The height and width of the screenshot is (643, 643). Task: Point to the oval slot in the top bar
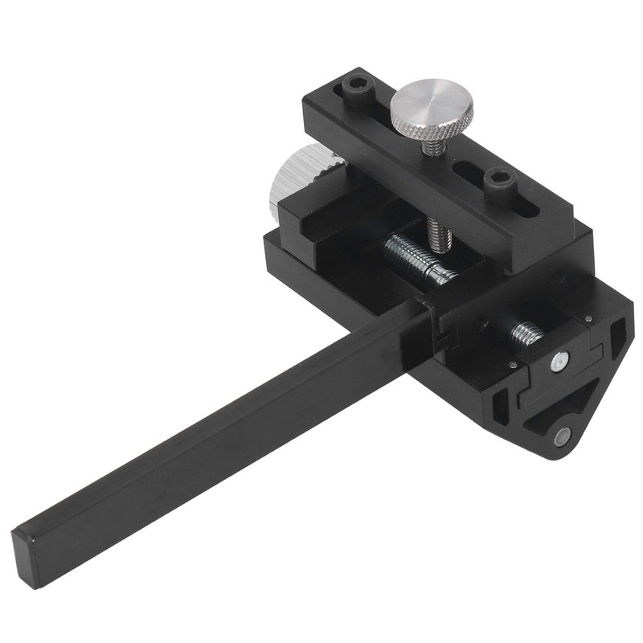pyautogui.click(x=526, y=207)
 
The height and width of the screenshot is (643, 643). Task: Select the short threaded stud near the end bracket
pyautogui.click(x=526, y=332)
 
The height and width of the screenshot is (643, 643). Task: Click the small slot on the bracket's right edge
pyautogui.click(x=617, y=338)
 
